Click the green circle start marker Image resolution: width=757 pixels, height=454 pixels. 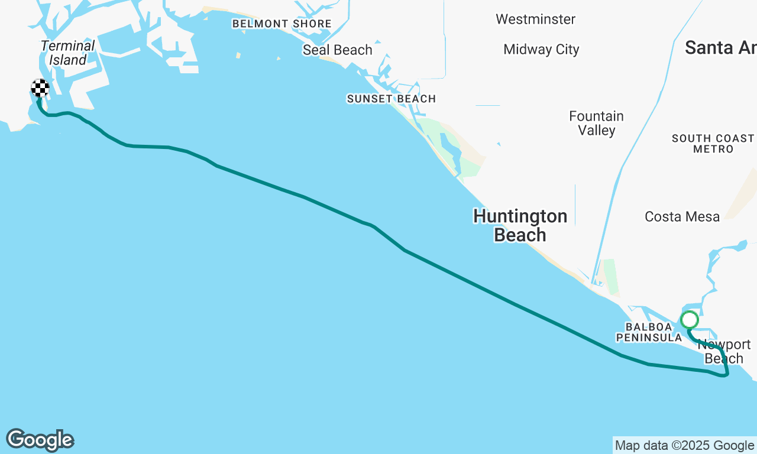click(x=690, y=320)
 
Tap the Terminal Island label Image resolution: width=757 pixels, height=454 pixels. click(x=68, y=53)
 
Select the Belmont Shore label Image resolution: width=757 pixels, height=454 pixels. click(x=282, y=24)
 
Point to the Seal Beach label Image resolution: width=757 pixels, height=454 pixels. click(x=338, y=50)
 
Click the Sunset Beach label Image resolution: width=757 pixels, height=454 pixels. click(x=392, y=99)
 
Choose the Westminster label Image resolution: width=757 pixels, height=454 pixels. click(x=535, y=20)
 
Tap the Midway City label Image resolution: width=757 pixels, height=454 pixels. click(x=541, y=50)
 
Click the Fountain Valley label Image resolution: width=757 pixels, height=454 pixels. click(x=596, y=124)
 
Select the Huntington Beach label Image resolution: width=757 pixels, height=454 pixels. click(x=520, y=226)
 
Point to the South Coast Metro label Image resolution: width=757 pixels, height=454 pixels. click(x=713, y=144)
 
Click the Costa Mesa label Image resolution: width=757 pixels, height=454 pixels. click(x=682, y=217)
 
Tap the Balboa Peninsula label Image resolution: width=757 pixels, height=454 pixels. click(x=649, y=332)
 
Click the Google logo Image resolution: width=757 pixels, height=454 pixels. click(x=40, y=440)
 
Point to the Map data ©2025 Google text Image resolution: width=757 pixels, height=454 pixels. click(x=684, y=446)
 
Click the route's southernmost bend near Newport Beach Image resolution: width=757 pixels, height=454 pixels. click(x=725, y=375)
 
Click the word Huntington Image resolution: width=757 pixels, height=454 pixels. click(x=520, y=216)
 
